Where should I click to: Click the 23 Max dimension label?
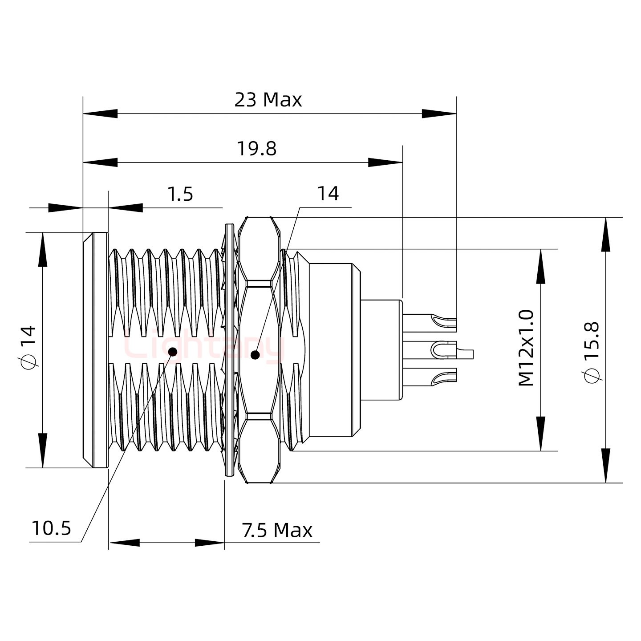tap(268, 100)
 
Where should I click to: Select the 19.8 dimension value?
tap(256, 149)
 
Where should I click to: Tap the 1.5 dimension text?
tap(180, 194)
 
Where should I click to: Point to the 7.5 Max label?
tap(277, 530)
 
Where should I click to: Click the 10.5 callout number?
tap(51, 528)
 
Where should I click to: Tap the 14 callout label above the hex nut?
tap(328, 194)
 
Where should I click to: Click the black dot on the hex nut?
tap(255, 355)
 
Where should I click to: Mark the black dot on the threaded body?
tap(173, 352)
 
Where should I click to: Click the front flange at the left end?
tap(95, 350)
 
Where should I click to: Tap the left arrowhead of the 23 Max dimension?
tap(101, 114)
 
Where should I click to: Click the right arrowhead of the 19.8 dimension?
tap(385, 162)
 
